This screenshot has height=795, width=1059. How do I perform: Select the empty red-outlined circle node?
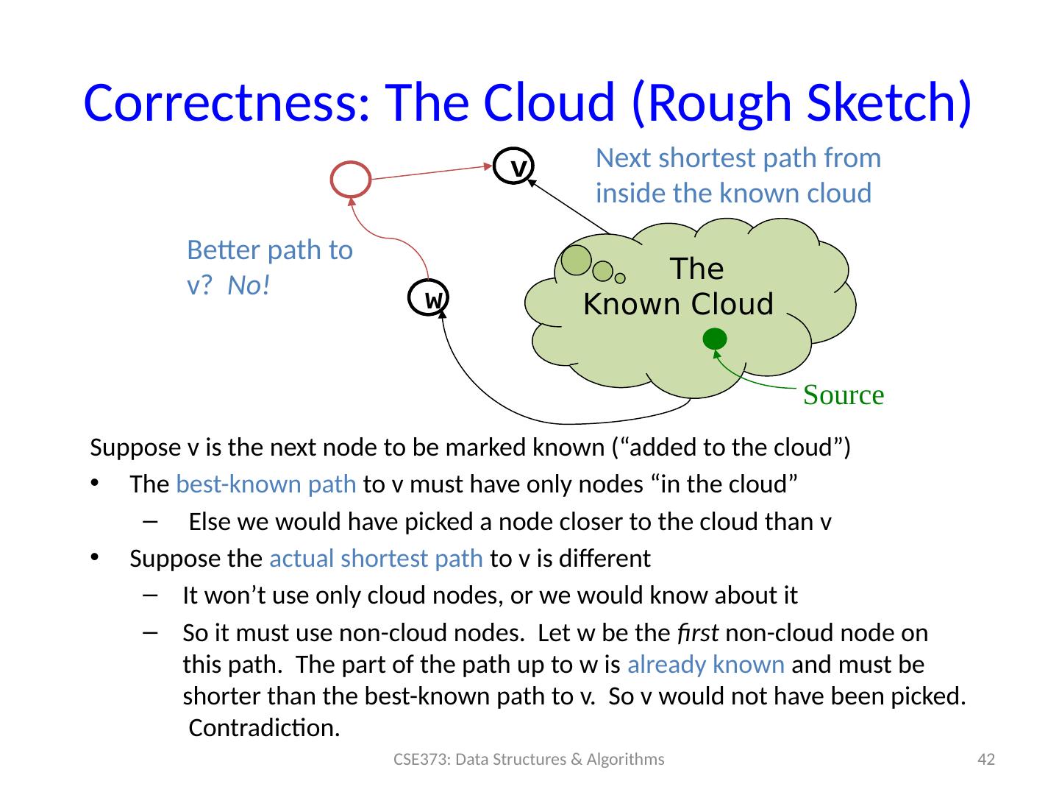coord(351,180)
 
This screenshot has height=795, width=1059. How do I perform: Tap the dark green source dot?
coord(714,339)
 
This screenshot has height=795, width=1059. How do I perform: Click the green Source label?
coord(843,395)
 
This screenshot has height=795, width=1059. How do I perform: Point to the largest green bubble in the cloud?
coord(576,259)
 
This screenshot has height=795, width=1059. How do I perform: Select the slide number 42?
coord(985,760)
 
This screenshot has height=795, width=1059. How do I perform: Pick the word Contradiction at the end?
coord(265,728)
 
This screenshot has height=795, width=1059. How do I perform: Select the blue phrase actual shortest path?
coord(376,559)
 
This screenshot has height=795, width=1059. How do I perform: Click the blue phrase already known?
coord(706,665)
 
